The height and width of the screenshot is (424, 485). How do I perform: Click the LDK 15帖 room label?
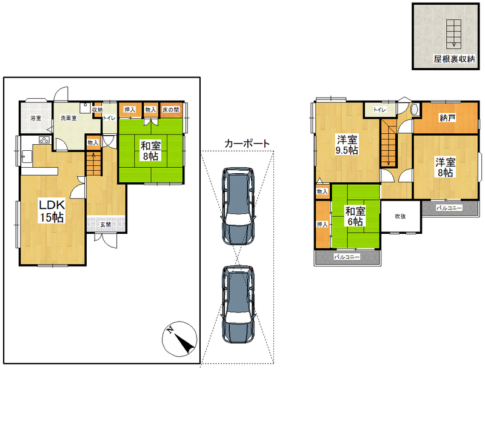point(52,211)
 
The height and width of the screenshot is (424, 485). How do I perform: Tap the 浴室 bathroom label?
point(36,118)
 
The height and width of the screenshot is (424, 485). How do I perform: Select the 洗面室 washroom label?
point(69,118)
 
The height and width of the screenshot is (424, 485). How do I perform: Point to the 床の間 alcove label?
point(171,110)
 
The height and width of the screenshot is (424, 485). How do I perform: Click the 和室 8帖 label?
point(150,150)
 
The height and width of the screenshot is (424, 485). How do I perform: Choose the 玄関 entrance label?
point(105,225)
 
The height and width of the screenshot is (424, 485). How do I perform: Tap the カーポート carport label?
point(247,144)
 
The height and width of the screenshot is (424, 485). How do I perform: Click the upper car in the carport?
point(238,207)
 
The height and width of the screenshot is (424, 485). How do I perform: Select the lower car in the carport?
point(238,304)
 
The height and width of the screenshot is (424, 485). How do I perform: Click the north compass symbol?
point(179,339)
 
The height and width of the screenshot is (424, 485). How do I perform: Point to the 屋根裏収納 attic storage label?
point(454,59)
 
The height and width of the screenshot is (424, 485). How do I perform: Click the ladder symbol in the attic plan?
point(453,34)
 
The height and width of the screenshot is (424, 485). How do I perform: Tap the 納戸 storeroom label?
point(447,118)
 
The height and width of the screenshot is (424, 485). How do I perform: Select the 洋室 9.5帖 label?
point(347,145)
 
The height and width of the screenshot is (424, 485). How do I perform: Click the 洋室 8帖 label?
point(446,167)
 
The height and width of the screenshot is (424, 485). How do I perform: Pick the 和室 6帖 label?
point(355,216)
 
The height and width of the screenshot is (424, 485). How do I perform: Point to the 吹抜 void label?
point(400,216)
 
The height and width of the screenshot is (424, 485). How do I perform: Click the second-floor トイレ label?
point(380,110)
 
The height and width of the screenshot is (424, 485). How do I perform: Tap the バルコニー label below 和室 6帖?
point(347,257)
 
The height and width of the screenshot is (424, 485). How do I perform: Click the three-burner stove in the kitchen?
point(44,140)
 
